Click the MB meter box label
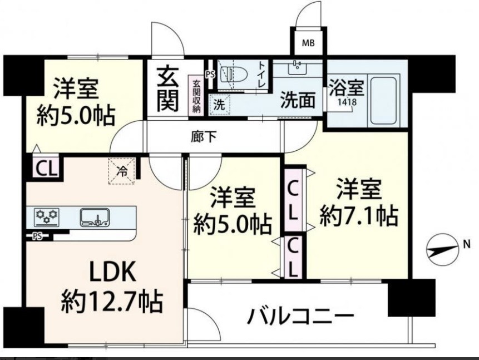pos(308,43)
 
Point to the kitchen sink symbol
pos(95,218)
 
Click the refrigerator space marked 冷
pos(122,171)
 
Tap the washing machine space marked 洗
pos(219,105)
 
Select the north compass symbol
pos(443,250)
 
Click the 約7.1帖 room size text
pos(359,216)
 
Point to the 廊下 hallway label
pos(204,137)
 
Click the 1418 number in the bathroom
pos(348,102)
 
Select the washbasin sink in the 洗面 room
pos(297,68)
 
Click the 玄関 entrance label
pos(167,90)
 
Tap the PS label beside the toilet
pos(210,74)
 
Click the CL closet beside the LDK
pos(47,169)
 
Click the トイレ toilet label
pos(261,75)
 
